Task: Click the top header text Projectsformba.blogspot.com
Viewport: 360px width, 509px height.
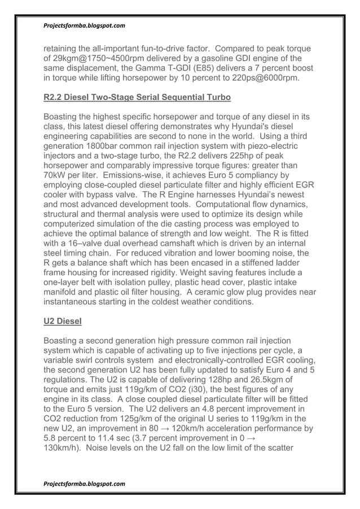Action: click(x=84, y=26)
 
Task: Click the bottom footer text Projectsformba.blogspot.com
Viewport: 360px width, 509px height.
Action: click(x=84, y=484)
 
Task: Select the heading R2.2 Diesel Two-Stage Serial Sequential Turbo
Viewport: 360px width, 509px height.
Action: click(x=137, y=98)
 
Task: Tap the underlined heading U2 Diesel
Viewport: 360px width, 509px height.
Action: click(x=63, y=322)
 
